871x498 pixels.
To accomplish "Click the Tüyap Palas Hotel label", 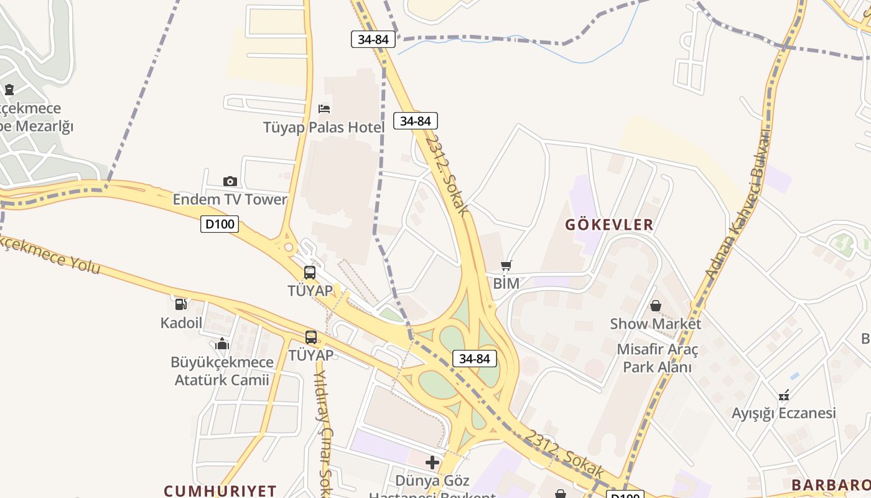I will point(324,128).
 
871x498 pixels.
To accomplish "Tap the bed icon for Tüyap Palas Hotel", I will point(324,109).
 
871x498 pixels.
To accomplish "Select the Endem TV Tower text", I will point(230,200).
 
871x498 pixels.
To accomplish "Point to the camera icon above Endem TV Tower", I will point(230,181).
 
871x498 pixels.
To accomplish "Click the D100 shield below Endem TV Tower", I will point(220,224).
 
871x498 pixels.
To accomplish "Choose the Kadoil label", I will point(181,322).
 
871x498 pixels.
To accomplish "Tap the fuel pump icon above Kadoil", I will point(180,304).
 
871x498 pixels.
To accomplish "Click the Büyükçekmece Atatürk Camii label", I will point(222,371).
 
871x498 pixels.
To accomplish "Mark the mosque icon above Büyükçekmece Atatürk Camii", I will point(222,344).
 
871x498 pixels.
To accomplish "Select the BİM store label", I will point(506,284).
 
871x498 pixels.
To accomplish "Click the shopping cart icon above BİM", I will point(506,266).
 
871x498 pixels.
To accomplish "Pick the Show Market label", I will point(655,324).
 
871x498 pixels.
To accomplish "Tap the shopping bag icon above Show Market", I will point(655,306).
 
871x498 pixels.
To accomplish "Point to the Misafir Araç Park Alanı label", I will point(657,358).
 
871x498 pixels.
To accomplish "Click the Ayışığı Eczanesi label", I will point(783,414).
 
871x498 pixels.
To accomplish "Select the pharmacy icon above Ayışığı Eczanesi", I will point(784,395).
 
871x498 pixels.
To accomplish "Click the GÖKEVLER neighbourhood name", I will point(609,225).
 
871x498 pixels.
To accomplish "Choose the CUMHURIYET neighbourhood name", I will point(220,491).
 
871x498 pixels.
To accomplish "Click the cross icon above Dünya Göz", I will point(432,463).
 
